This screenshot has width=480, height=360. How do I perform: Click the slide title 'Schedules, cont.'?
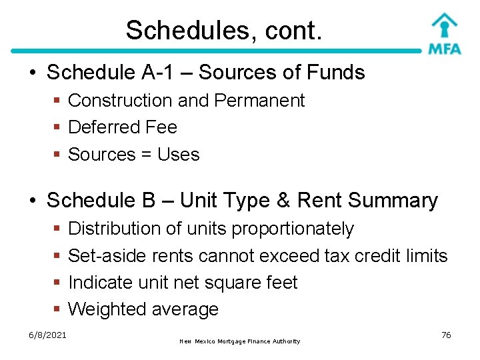tap(224, 30)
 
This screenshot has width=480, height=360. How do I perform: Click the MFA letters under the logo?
tap(444, 49)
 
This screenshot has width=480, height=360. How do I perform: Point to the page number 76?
tap(446, 335)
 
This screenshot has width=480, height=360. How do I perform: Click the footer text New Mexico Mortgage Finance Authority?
tap(240, 341)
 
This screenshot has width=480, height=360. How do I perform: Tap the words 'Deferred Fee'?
tap(123, 127)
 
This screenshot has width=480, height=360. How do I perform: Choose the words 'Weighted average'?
tap(143, 309)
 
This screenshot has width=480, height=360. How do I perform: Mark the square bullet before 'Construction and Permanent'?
tap(58, 101)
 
